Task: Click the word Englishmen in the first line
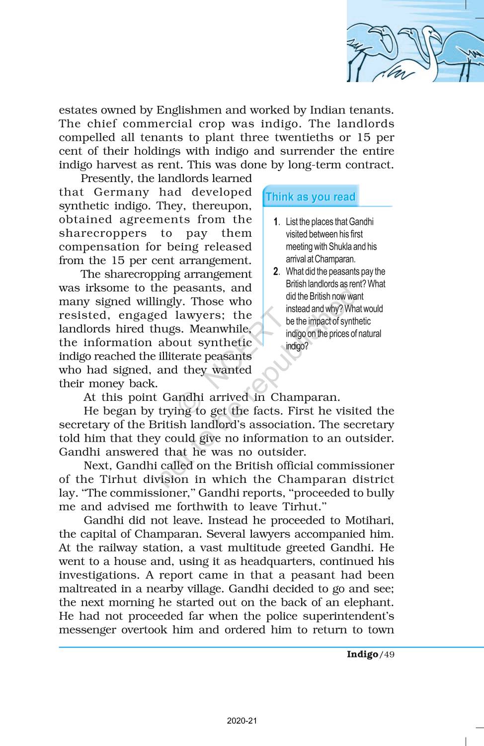point(186,110)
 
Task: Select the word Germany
point(121,192)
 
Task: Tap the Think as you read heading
point(311,197)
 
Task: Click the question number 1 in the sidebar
point(276,222)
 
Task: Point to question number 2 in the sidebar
point(276,272)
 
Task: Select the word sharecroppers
point(102,233)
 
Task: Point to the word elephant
point(367,603)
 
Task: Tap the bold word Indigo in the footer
point(362,654)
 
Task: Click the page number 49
point(389,654)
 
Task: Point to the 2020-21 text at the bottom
point(242,721)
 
